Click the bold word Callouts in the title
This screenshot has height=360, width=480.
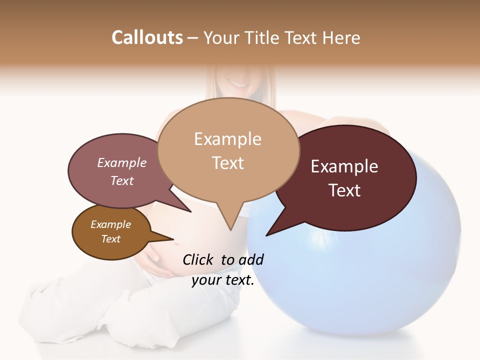[147, 37]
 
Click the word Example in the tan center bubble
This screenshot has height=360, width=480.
[227, 139]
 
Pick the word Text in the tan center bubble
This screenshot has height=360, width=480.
[228, 163]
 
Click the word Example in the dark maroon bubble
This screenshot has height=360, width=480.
[344, 166]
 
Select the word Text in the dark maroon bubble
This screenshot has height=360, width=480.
[345, 190]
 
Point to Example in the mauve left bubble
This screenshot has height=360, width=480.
[122, 162]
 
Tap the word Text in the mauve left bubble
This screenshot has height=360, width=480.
[122, 180]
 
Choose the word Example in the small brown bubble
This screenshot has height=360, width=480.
[111, 224]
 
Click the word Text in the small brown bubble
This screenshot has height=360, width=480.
[111, 239]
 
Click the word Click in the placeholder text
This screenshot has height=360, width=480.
[199, 259]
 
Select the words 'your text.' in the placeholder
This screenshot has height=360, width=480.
[223, 280]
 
